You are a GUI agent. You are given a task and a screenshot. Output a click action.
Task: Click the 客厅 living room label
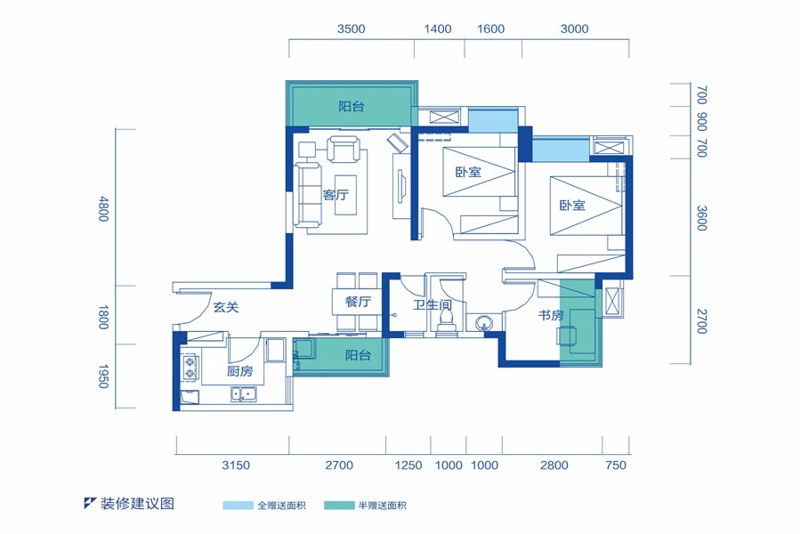[336, 195]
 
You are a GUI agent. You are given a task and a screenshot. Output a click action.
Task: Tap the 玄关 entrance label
[226, 307]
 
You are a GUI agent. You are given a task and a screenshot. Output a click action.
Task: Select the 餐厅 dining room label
[358, 302]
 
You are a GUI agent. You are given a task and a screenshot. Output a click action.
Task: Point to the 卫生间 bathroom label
[433, 305]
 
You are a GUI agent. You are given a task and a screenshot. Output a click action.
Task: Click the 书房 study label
[551, 315]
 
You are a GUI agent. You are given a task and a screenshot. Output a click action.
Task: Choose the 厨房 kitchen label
[239, 371]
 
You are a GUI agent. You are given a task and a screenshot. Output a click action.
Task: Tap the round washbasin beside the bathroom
[483, 323]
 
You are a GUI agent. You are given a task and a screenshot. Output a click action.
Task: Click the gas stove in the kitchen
[190, 368]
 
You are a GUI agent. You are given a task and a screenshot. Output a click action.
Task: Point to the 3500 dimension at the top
[351, 29]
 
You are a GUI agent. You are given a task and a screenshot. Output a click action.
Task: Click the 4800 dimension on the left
[103, 208]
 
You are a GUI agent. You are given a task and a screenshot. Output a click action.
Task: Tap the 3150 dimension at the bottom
[236, 465]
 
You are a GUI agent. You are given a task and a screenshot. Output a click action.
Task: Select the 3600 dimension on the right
[702, 218]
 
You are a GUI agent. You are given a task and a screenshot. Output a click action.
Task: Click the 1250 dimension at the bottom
[409, 465]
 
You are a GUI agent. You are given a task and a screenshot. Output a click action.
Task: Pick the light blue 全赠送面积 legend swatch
[238, 506]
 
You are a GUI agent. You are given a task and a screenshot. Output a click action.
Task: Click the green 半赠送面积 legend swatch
[339, 506]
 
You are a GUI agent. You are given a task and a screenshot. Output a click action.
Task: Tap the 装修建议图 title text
[137, 504]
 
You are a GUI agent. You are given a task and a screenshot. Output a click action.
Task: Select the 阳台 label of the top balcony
[352, 106]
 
